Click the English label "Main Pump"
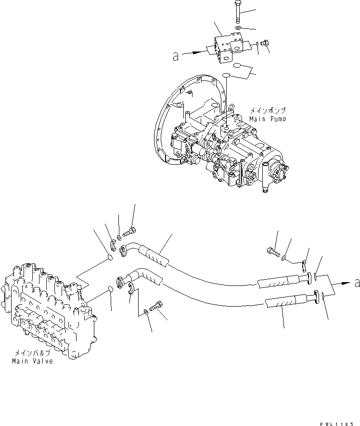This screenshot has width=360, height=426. click(268, 118)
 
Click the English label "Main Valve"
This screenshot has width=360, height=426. click(33, 361)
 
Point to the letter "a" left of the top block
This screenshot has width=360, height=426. click(176, 57)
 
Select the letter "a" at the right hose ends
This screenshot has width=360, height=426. click(357, 284)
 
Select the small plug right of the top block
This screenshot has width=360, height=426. click(264, 45)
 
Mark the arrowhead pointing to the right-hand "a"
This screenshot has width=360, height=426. click(346, 284)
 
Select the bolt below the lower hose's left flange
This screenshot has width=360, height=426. click(156, 306)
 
